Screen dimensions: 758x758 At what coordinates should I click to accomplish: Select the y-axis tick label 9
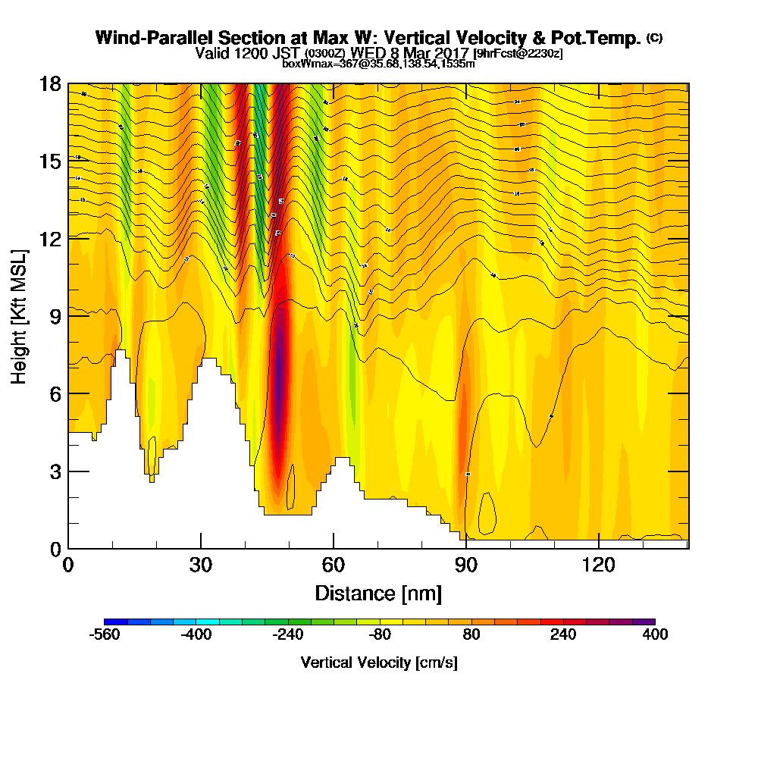click(55, 316)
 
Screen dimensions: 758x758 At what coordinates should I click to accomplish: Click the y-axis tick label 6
click(55, 394)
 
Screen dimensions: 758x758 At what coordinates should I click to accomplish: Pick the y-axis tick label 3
click(55, 471)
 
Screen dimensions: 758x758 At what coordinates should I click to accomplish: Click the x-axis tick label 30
click(201, 565)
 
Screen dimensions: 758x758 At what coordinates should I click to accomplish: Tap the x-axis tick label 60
click(334, 565)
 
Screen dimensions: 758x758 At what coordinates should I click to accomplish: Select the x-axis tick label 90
click(466, 565)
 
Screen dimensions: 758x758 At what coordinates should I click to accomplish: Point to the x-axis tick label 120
click(599, 565)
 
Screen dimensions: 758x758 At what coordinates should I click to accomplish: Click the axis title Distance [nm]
click(378, 592)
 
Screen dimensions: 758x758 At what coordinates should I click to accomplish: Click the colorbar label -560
click(105, 635)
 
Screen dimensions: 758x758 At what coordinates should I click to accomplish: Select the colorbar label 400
click(655, 635)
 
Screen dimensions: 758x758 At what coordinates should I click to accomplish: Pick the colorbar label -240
click(288, 635)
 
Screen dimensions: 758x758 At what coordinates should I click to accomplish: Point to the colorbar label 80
click(471, 635)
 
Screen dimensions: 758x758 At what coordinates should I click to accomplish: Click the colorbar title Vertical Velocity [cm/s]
click(379, 662)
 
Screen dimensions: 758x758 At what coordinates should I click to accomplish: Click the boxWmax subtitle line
click(379, 64)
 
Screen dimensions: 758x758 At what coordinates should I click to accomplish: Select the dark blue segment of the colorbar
click(115, 622)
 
